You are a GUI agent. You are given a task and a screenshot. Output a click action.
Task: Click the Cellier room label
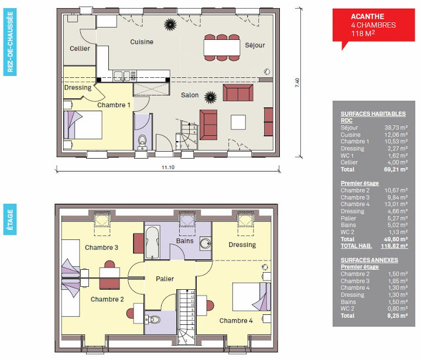pyautogui.click(x=80, y=49)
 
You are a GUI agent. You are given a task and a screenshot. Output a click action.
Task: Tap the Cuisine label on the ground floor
pyautogui.click(x=142, y=42)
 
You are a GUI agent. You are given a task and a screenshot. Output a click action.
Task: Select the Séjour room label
pyautogui.click(x=255, y=45)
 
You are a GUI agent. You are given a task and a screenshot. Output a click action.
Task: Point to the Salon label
pyautogui.click(x=189, y=95)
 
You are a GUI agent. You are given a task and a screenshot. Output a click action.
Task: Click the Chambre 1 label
pyautogui.click(x=114, y=105)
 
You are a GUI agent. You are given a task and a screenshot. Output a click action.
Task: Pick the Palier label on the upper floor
pyautogui.click(x=165, y=279)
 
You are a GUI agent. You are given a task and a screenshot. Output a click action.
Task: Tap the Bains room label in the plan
pyautogui.click(x=184, y=241)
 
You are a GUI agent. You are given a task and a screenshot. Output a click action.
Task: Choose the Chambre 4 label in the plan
pyautogui.click(x=236, y=321)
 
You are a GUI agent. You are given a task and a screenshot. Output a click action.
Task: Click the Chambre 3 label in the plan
pyautogui.click(x=101, y=248)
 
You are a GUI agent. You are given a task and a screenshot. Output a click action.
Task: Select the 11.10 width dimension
pyautogui.click(x=168, y=168)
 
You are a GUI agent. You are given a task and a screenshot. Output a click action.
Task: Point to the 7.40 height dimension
pyautogui.click(x=297, y=83)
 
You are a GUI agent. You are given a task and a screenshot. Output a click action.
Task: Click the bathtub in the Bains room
pyautogui.click(x=152, y=242)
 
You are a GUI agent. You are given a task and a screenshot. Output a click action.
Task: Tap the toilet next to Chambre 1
pyautogui.click(x=142, y=141)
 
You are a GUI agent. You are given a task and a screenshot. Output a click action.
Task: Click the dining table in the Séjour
pyautogui.click(x=222, y=47)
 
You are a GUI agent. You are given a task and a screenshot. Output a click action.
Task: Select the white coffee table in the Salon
pyautogui.click(x=238, y=122)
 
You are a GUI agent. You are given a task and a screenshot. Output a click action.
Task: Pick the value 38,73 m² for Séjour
pyautogui.click(x=395, y=127)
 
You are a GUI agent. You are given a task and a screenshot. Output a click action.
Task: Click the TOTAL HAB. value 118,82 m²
pyautogui.click(x=394, y=246)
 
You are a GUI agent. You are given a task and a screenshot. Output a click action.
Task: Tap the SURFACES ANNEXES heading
pyautogui.click(x=369, y=260)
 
